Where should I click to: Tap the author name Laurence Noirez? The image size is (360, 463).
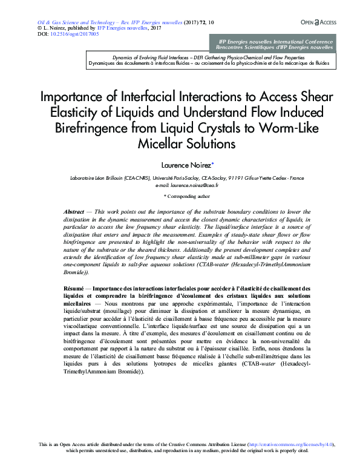click(x=185, y=164)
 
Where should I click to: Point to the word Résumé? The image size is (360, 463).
click(x=76, y=288)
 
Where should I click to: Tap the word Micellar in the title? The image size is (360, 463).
click(x=160, y=143)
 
